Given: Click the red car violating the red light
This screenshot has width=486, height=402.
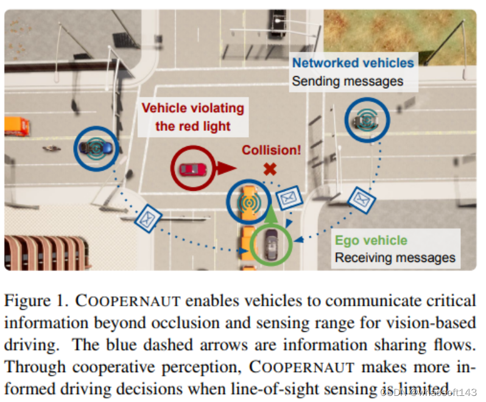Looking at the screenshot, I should tap(192, 169).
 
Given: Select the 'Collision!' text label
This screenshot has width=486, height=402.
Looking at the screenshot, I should tap(271, 150).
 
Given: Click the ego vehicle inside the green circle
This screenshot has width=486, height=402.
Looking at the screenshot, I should tap(270, 244).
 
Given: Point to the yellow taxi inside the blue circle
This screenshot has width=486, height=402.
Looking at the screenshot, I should tap(248, 202).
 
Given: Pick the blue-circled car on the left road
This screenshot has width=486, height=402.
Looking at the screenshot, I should tap(96, 147).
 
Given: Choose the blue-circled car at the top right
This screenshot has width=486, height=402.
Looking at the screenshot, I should tap(367, 120).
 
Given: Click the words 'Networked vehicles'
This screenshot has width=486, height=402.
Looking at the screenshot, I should tap(353, 63).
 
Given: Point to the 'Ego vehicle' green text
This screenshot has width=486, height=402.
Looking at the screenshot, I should tap(371, 240).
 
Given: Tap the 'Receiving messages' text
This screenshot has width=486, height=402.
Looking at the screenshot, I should tap(395, 258).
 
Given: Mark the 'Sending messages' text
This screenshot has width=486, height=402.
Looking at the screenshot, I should tap(347, 81).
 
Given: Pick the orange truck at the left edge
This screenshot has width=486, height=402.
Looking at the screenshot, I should tap(16, 125).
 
